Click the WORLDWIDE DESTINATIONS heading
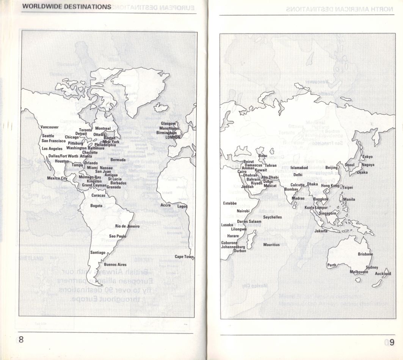tap(67, 6)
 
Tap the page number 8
tap(21, 340)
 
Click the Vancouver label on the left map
tap(49, 127)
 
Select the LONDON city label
tap(173, 137)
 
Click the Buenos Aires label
tap(115, 264)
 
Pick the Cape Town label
tap(184, 257)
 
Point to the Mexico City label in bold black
tap(57, 178)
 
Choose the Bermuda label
tap(118, 160)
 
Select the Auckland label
tap(383, 274)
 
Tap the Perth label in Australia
tap(332, 265)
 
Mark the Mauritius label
tap(271, 245)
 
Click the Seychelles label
tap(272, 217)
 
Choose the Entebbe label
tap(230, 203)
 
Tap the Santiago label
tap(98, 252)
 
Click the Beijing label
tap(331, 168)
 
